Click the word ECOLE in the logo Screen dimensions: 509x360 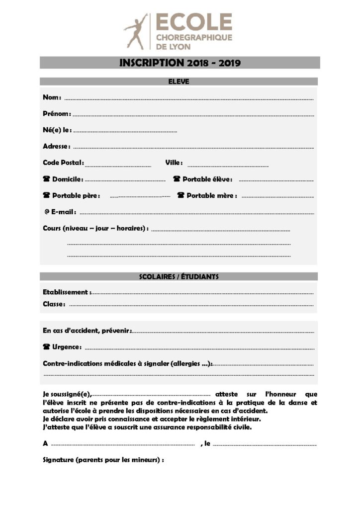click(194, 22)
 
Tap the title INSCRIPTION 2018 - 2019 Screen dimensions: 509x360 click(180, 63)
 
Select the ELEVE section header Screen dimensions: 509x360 click(179, 82)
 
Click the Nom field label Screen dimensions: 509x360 click(52, 98)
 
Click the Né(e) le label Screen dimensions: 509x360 click(57, 130)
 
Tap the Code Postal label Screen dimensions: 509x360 click(63, 163)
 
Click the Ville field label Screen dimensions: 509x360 click(174, 163)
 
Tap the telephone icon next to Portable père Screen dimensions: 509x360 click(47, 196)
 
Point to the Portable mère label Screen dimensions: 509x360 click(212, 196)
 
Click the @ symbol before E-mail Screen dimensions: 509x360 click(47, 212)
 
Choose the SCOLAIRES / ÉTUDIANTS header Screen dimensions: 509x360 click(179, 277)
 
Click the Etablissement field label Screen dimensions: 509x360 click(67, 292)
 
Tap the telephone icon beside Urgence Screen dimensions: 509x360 click(47, 347)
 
